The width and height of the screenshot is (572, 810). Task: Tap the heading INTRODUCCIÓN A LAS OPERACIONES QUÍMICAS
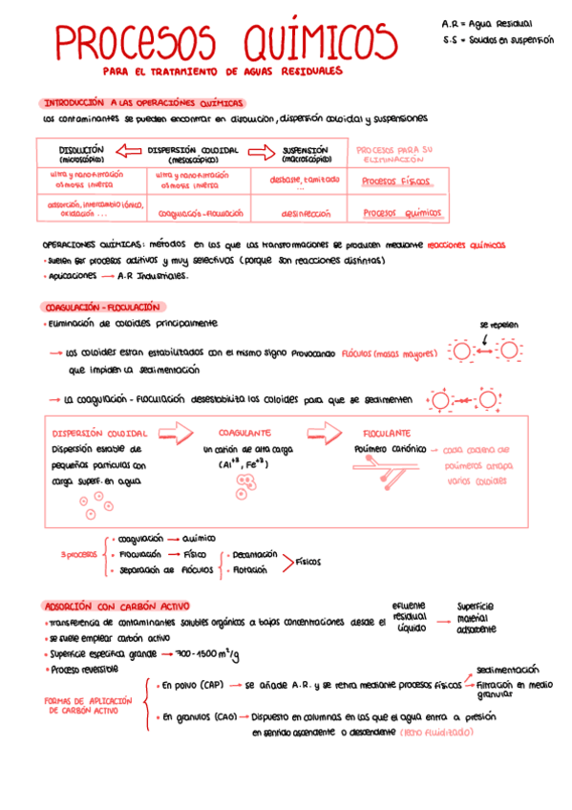[143, 102]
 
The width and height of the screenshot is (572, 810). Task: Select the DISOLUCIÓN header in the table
[80, 153]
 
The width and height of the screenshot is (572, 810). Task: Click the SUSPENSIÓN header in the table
[306, 153]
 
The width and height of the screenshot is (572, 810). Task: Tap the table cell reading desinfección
[306, 214]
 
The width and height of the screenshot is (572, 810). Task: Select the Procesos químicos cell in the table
[403, 214]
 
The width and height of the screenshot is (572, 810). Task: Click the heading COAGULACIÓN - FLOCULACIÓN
[105, 308]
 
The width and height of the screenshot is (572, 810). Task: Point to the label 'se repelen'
[498, 325]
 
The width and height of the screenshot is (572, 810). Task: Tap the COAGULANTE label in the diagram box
[244, 432]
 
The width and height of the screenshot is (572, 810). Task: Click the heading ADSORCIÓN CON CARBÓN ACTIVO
[117, 606]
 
